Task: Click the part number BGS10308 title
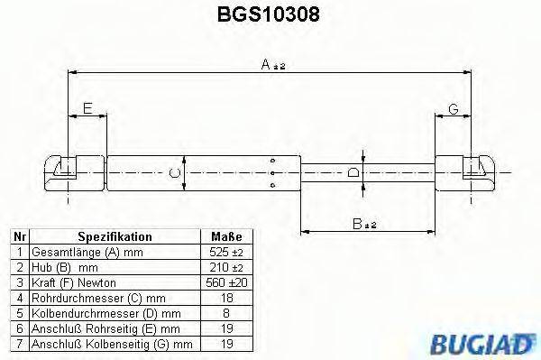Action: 271,15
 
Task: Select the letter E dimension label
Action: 87,110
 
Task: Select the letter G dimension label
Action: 454,110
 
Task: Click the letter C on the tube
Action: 177,171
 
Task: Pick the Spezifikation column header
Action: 115,237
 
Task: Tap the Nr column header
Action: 19,237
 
